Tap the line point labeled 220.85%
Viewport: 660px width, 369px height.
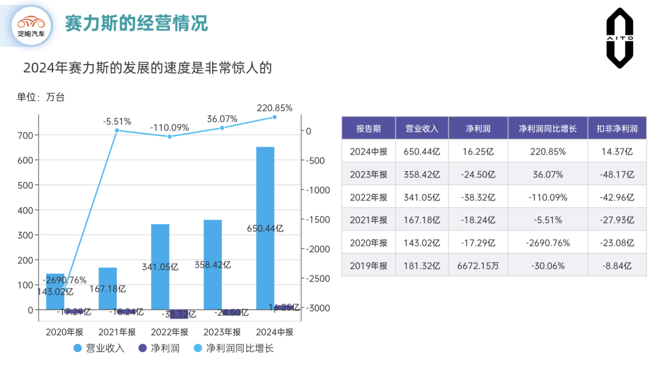[274, 117]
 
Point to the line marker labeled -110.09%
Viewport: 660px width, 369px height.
[169, 137]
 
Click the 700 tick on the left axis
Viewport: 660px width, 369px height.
[25, 135]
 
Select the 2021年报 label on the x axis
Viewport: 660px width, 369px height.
[117, 332]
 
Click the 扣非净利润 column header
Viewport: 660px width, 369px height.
[616, 128]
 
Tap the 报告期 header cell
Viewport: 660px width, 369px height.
[369, 128]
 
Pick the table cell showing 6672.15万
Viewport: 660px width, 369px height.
[473, 266]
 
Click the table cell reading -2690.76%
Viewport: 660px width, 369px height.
[548, 243]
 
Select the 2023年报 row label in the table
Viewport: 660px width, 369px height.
[369, 174]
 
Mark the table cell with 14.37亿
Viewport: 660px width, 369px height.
[616, 152]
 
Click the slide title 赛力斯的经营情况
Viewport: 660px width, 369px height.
[136, 23]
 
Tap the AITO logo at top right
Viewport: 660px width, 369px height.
[620, 38]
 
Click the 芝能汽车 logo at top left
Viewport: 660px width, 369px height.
[31, 26]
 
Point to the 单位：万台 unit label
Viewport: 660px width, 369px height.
[40, 97]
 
